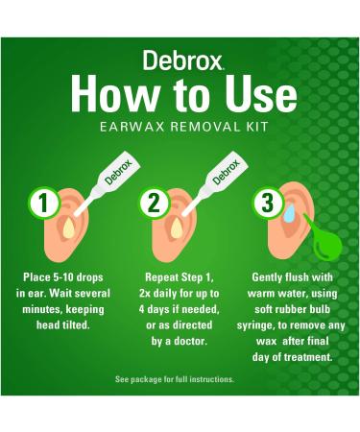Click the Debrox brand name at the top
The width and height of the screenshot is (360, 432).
tap(179, 60)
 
